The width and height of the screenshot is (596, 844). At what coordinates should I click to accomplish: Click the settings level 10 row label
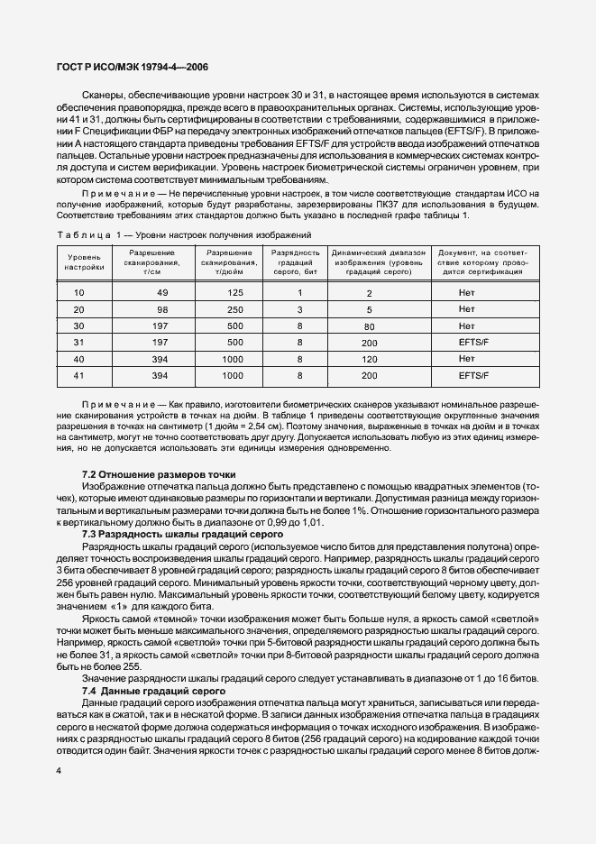click(78, 293)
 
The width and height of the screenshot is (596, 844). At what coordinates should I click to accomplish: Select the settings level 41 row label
click(78, 374)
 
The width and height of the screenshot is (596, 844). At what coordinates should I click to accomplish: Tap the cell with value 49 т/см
click(162, 293)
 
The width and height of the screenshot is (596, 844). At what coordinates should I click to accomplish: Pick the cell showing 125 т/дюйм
click(235, 293)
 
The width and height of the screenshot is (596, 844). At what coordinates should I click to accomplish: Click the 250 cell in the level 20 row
click(235, 309)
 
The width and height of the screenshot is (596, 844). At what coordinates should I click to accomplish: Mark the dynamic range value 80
click(369, 326)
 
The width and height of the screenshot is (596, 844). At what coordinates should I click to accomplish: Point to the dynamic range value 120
click(369, 358)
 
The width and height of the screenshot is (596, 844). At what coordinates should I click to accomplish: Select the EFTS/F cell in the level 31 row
click(472, 342)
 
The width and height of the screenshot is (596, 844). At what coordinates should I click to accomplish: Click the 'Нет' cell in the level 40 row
click(466, 358)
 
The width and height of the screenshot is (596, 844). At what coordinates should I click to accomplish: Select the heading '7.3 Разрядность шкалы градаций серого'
click(182, 534)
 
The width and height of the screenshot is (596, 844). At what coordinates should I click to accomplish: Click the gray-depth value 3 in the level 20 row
click(298, 309)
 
